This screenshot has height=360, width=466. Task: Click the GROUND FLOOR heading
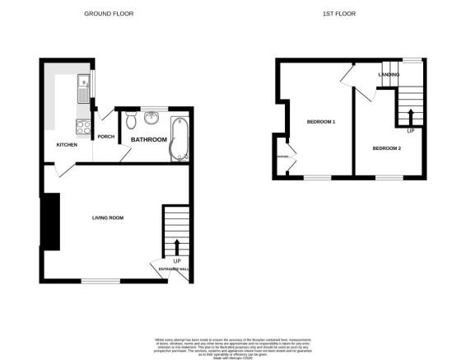110,14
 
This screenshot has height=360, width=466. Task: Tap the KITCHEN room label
68,145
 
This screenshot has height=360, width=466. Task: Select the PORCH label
105,137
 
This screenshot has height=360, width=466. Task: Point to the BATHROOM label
149,140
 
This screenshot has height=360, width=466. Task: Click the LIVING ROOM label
107,217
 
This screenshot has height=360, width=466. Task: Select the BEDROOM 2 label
386,148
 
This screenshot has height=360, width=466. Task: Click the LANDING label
389,75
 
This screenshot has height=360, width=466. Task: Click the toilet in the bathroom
132,123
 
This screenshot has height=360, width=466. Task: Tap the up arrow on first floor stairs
409,113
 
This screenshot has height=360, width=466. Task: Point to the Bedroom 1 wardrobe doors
283,157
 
